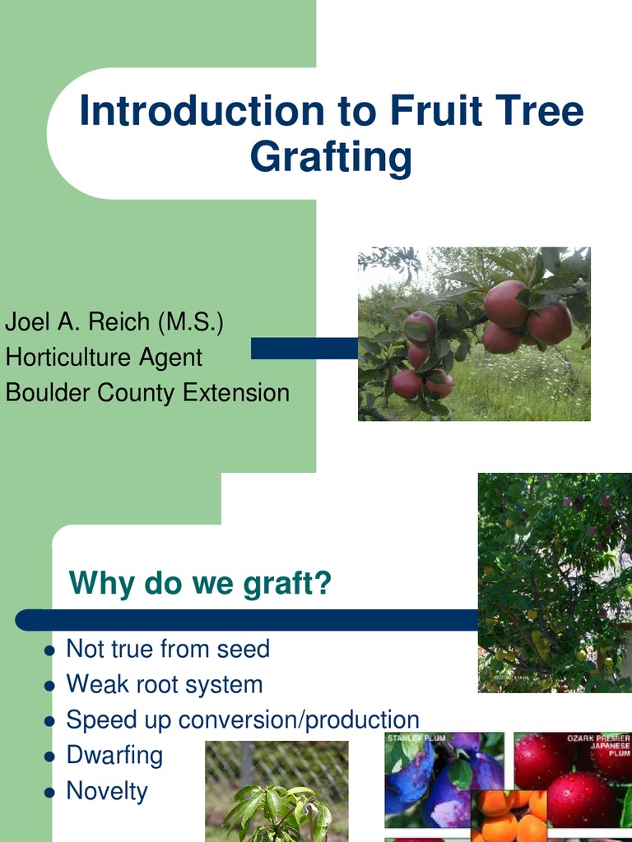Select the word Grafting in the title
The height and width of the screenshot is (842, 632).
[331, 157]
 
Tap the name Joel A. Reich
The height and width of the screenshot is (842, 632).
[78, 322]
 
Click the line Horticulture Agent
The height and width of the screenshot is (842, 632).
[104, 357]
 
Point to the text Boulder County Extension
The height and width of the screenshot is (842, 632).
[147, 392]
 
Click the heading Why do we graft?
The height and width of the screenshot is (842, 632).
[200, 583]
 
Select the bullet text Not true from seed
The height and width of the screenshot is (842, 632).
[168, 649]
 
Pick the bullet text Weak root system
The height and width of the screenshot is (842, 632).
[165, 684]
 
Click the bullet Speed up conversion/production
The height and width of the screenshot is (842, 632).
[243, 719]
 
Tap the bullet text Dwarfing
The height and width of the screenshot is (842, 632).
[114, 755]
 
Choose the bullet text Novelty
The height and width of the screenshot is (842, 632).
[107, 791]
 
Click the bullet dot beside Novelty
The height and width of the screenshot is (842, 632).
[49, 793]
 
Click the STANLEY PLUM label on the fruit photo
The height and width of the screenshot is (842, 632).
[416, 738]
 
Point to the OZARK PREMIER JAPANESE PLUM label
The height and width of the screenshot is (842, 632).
[598, 745]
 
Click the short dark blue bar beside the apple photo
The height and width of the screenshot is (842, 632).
[304, 348]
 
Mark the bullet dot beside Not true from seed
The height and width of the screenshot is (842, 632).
[49, 650]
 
